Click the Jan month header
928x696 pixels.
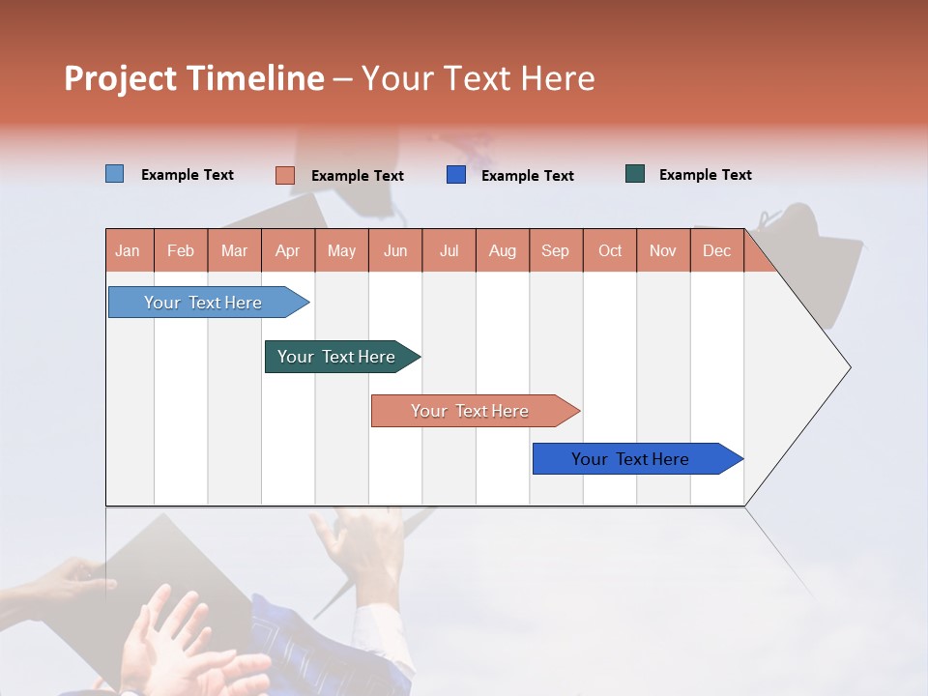(129, 251)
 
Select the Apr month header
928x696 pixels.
(288, 251)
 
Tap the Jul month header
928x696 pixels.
(449, 251)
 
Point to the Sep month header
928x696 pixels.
(555, 251)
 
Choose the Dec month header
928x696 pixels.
(716, 251)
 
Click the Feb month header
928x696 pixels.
(181, 251)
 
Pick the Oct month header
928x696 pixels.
(610, 251)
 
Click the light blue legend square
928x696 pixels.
(115, 174)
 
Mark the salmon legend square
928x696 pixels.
(284, 175)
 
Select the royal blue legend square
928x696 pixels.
(456, 175)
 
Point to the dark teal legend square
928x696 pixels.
(635, 174)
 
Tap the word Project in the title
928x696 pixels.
(121, 78)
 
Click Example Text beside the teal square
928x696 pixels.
(705, 175)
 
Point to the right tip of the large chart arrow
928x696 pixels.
(849, 367)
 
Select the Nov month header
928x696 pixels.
(663, 251)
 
